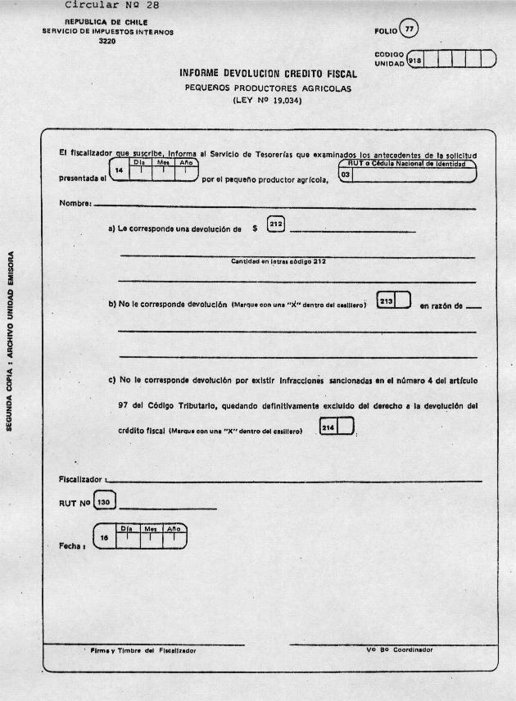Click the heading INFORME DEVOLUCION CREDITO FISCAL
[268, 74]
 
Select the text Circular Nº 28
[107, 6]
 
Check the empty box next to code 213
[403, 301]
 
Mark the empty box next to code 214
[346, 427]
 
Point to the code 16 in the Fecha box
[104, 538]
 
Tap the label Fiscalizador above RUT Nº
[79, 478]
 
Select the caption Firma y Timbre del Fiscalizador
[143, 651]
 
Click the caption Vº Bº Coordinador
[400, 650]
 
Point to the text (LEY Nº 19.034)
[268, 102]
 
